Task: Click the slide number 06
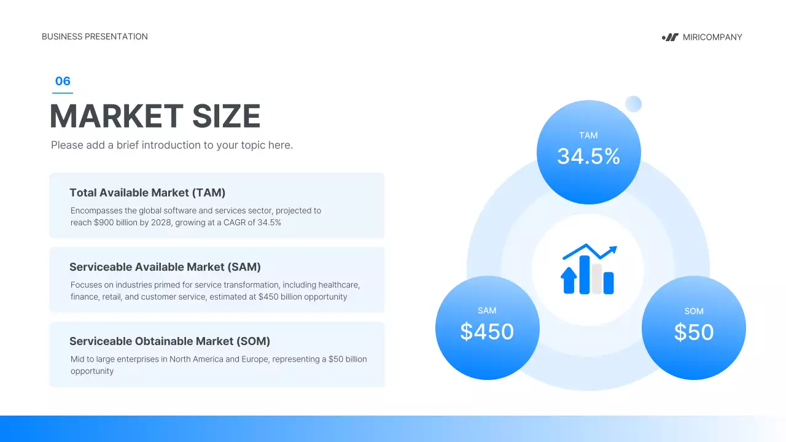coord(63,81)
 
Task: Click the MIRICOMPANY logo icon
coord(670,37)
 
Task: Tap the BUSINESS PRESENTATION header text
coord(95,37)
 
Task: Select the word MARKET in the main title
coord(116,116)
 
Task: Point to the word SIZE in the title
coord(227,116)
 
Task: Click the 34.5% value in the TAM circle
coord(588,157)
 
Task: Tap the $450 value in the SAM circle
coord(487,331)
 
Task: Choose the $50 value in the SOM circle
coord(694,332)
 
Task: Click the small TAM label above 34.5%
coord(588,135)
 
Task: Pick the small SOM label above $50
coord(694,311)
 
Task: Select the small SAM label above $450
coord(487,311)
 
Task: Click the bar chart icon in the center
coord(588,269)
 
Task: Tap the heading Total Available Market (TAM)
coord(147,193)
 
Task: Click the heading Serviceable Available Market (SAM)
coord(165,267)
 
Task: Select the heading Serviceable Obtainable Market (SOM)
coord(169,341)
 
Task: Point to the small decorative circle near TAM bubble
coord(633,104)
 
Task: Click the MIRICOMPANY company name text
coord(712,37)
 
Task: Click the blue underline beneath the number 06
coord(63,93)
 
